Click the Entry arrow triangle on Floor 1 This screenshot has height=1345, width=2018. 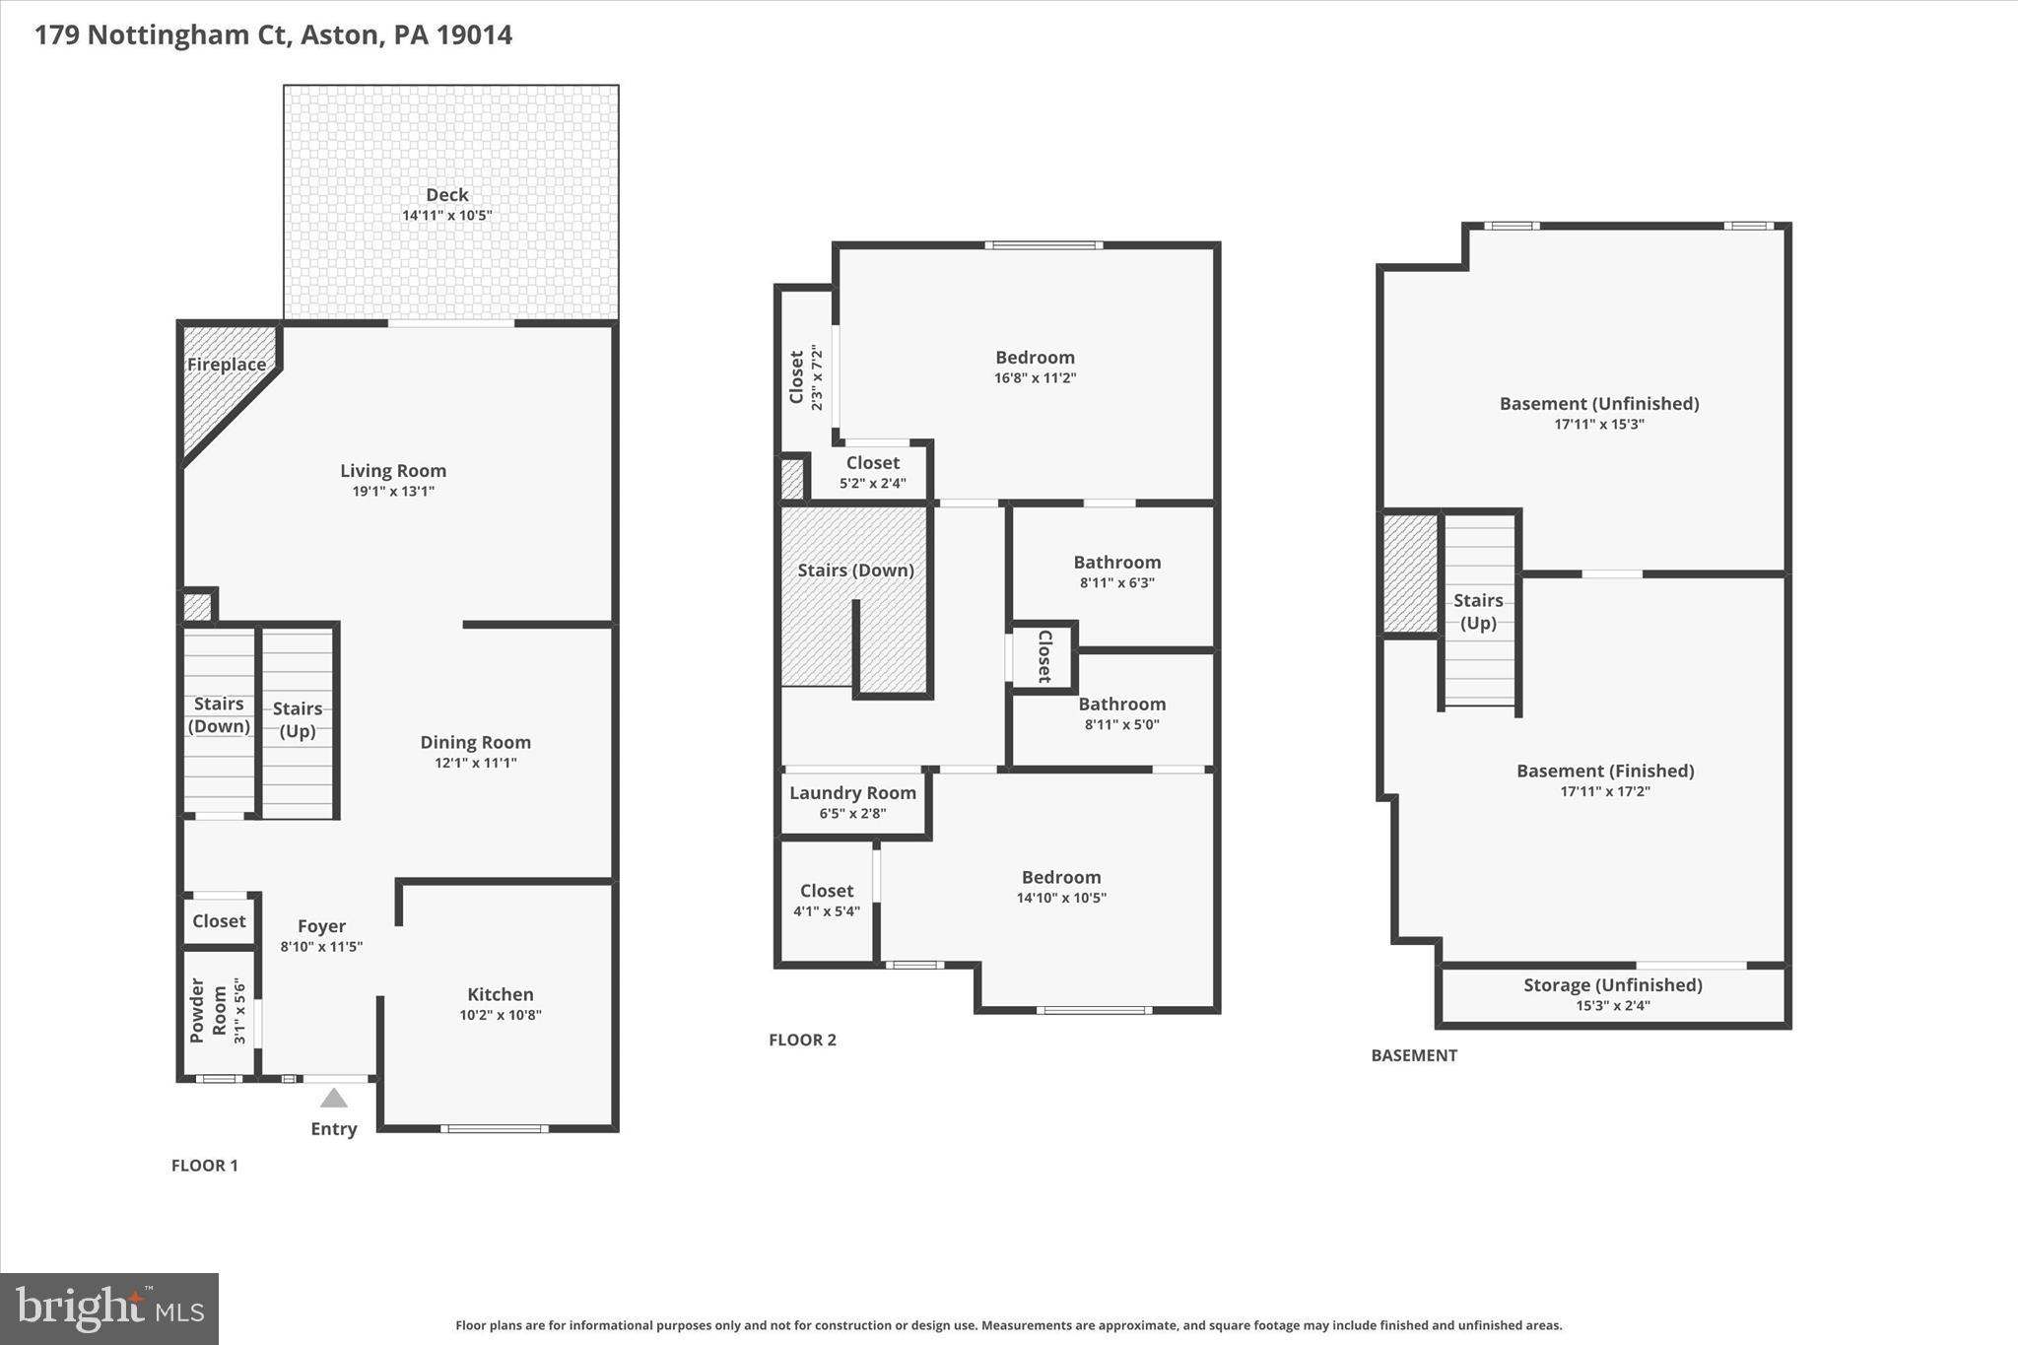tap(334, 1098)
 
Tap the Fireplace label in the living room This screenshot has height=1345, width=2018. tap(227, 365)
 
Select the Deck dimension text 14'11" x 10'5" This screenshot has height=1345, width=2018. tap(446, 215)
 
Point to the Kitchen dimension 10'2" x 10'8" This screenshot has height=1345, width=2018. tap(500, 1015)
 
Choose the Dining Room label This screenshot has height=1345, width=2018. tap(475, 742)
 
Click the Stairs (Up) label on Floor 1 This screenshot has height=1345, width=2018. tap(298, 719)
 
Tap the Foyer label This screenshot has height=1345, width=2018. tap(321, 926)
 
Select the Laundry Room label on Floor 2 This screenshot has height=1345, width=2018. tap(852, 792)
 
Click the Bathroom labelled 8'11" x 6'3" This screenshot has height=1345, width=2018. tap(1116, 563)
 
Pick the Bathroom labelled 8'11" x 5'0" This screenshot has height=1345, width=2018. tap(1121, 705)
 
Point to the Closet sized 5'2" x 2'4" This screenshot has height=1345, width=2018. tap(872, 463)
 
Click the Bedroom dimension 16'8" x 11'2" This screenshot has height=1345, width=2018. tap(1035, 378)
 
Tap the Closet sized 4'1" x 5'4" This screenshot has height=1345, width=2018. tap(826, 891)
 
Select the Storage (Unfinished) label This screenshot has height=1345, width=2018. tap(1612, 984)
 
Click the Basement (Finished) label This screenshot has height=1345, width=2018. tap(1604, 771)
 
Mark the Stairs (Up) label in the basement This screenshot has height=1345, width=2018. tap(1477, 611)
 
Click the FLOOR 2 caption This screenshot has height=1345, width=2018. tap(802, 1040)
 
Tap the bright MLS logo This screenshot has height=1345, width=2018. tap(109, 1309)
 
